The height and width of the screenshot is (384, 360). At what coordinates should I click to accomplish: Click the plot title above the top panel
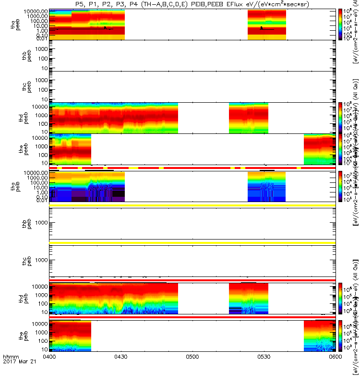pos(192,4)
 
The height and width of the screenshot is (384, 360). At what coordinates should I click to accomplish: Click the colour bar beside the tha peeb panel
pos(341,24)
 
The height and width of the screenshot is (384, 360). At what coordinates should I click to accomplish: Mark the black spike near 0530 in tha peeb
pos(262,28)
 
